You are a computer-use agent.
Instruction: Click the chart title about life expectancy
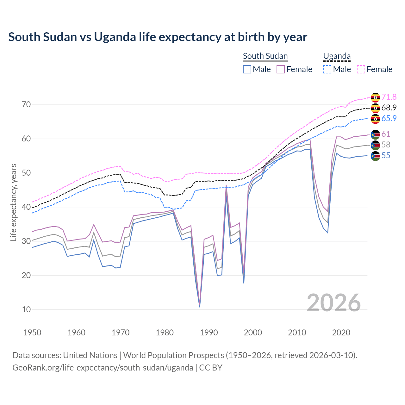click(158, 37)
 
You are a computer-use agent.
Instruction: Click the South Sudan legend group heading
click(265, 56)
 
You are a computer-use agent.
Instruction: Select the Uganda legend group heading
click(337, 56)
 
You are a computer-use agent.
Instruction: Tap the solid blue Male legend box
click(247, 69)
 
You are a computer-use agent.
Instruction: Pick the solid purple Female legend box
click(281, 69)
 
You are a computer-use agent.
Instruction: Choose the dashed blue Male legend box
click(327, 69)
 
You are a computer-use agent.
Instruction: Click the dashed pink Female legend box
click(361, 69)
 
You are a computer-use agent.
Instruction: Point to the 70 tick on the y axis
click(26, 104)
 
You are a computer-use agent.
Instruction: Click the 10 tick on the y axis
click(26, 309)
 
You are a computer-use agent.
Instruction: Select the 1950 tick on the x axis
click(32, 333)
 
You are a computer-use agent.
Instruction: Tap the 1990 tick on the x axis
click(209, 333)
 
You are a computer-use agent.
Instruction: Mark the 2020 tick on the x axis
click(341, 333)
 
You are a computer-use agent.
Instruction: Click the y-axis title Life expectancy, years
click(13, 202)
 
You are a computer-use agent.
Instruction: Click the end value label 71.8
click(389, 97)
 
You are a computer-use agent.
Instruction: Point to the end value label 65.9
click(389, 118)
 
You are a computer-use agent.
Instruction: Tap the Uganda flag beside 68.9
click(375, 108)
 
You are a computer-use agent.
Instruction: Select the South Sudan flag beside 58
click(375, 145)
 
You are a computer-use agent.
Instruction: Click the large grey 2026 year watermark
click(334, 303)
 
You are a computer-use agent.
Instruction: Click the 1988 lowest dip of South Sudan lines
click(200, 306)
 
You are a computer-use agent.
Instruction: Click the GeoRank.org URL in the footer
click(103, 368)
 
